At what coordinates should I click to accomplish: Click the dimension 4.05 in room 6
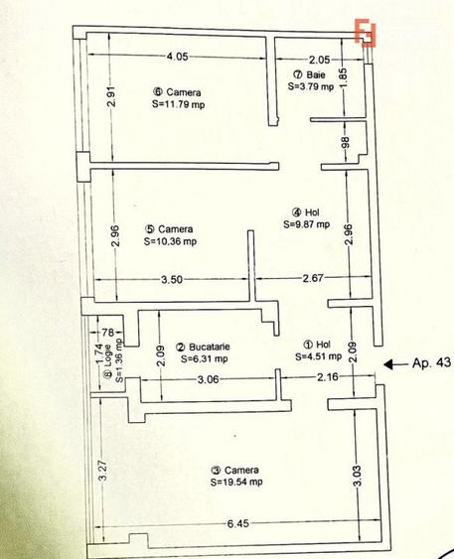coord(178,56)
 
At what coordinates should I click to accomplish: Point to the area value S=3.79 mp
coord(312,86)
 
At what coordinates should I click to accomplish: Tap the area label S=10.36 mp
coord(170,240)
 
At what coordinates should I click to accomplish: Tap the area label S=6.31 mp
coord(203,358)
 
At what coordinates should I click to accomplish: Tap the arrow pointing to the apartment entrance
coord(393,363)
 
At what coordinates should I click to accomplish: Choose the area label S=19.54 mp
coord(236,482)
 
